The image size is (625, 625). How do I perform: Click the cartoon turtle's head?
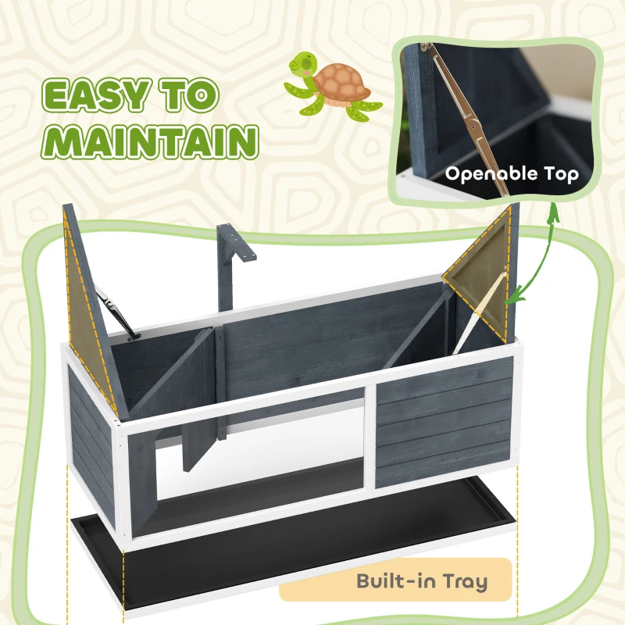click(x=301, y=64)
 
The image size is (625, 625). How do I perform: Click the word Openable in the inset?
click(x=491, y=174)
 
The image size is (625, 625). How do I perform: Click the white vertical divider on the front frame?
click(x=370, y=437)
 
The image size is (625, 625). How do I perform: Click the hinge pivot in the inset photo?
click(x=474, y=127)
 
